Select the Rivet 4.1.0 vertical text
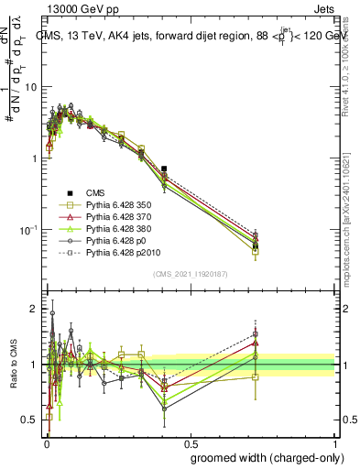[349, 64]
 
